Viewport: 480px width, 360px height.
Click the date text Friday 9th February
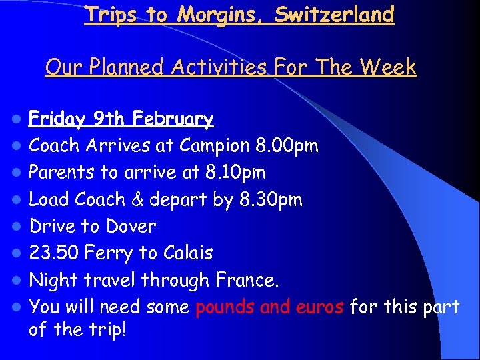pos(121,119)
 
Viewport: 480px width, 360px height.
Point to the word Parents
pos(63,173)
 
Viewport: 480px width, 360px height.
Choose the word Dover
pos(131,226)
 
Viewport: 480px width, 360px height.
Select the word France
pos(246,280)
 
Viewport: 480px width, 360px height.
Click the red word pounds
pos(226,307)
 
